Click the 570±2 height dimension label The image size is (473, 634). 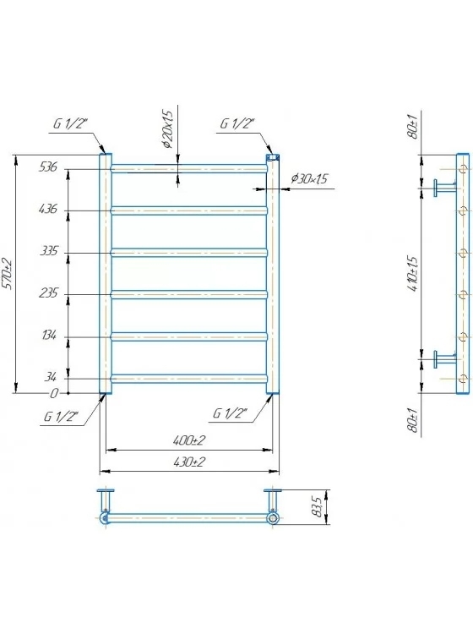click(x=8, y=274)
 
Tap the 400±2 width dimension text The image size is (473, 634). click(x=189, y=440)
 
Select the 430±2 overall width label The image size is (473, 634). click(x=189, y=462)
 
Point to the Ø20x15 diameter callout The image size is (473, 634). click(x=167, y=130)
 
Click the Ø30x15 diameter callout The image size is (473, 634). click(x=309, y=178)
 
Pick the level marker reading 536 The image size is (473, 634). click(x=48, y=167)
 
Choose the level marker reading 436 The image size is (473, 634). click(x=48, y=209)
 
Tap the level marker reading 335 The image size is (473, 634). click(x=49, y=251)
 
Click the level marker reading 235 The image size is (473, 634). click(x=48, y=292)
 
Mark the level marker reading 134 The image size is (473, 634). click(x=49, y=336)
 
